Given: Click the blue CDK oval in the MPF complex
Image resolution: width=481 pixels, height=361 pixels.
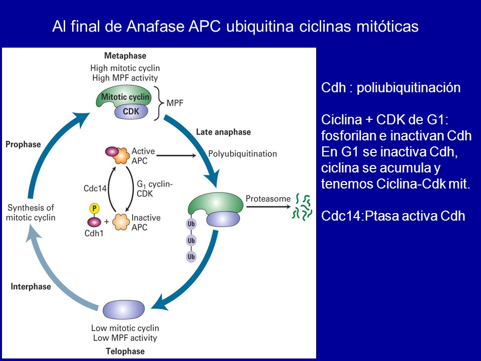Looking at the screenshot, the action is pos(131,111).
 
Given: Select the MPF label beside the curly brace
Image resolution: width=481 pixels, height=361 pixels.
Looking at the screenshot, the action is pos(174,103).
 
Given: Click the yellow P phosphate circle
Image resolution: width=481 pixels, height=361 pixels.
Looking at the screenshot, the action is pos(94,209).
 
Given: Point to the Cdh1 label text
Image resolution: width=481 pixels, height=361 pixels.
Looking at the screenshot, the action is pos(94,233).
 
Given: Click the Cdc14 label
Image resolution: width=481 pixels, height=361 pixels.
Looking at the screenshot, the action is pos(95,188).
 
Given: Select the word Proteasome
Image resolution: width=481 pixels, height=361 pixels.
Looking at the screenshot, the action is pos(268,199).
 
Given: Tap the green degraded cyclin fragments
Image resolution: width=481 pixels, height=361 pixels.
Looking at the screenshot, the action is pos(302,207).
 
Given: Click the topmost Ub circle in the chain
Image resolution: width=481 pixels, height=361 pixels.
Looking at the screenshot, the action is pos(191,224).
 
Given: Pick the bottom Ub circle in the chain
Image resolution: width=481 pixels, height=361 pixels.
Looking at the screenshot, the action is pos(191,256).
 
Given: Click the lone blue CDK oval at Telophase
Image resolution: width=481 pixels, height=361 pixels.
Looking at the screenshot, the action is pos(123,310).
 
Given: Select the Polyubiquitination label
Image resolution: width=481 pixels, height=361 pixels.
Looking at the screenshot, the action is pos(243,153).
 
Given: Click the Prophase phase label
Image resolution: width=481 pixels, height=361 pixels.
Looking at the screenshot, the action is pos(24,144).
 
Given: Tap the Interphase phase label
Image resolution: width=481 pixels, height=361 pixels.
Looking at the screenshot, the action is pos(31,286).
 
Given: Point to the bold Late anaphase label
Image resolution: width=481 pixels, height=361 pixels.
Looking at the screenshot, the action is pos(223,132).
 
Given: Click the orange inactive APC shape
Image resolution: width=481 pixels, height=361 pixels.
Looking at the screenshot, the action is pos(121,222).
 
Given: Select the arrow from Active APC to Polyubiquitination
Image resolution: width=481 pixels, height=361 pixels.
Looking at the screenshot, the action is pos(176,155).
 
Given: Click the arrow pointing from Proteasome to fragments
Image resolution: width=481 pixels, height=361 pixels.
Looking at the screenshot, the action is pos(268,207).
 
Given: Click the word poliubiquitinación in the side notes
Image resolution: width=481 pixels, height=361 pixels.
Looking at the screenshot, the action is pos(409,88).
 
